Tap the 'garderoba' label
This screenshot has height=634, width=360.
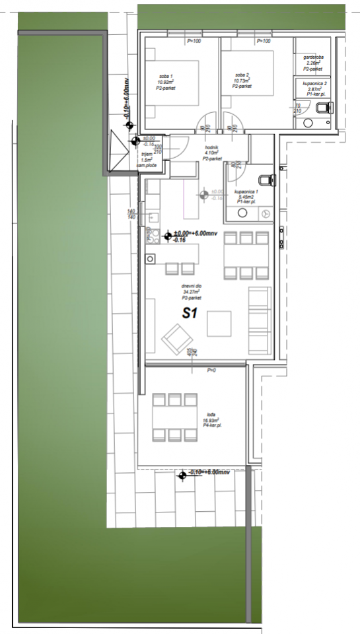point(313,60)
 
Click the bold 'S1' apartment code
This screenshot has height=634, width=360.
point(190,314)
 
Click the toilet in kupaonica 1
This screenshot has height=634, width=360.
point(266,178)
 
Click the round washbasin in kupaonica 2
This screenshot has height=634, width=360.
point(308,122)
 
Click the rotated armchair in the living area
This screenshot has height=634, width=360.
point(176,339)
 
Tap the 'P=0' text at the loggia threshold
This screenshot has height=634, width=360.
point(211,370)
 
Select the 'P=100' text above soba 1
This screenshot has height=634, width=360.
point(194,42)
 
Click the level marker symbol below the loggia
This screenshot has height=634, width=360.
point(182,474)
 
